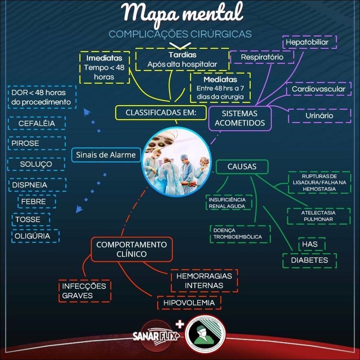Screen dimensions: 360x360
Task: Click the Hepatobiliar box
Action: click(x=309, y=42)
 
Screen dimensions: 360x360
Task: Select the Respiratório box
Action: click(x=262, y=57)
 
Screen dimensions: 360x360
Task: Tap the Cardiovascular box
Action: click(x=319, y=89)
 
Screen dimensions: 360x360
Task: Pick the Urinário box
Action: click(x=319, y=116)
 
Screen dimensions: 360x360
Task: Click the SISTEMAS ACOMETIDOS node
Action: click(x=240, y=118)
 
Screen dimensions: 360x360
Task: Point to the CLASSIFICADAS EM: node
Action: click(x=161, y=113)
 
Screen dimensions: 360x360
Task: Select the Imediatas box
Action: click(x=104, y=67)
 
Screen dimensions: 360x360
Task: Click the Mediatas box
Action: click(x=220, y=87)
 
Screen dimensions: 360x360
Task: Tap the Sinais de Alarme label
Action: click(x=106, y=155)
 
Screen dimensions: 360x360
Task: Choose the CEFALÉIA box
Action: click(x=37, y=124)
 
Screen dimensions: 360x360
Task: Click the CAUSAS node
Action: click(x=242, y=167)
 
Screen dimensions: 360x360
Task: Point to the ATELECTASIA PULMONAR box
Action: click(x=319, y=216)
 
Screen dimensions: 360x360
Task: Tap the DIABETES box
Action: click(x=309, y=261)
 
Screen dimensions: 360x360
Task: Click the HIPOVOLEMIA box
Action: click(x=189, y=303)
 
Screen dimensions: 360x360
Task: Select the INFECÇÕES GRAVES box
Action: click(x=84, y=291)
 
